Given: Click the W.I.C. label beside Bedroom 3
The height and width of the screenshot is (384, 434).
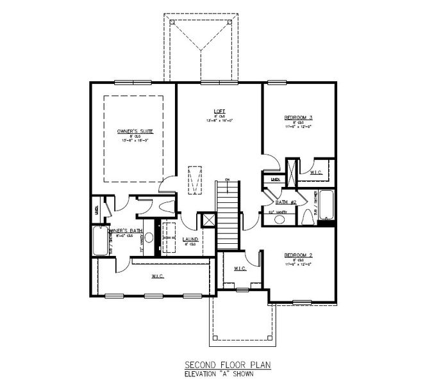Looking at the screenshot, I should tap(316, 173).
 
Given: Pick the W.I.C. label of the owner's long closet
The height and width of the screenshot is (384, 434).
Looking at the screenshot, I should tap(157, 276).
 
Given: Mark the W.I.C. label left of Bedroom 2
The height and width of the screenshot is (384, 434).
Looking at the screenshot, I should tap(241, 268).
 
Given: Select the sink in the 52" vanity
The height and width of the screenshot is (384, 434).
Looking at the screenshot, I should tap(280, 220).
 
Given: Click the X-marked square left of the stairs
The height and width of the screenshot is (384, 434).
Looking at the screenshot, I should tap(207, 220).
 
